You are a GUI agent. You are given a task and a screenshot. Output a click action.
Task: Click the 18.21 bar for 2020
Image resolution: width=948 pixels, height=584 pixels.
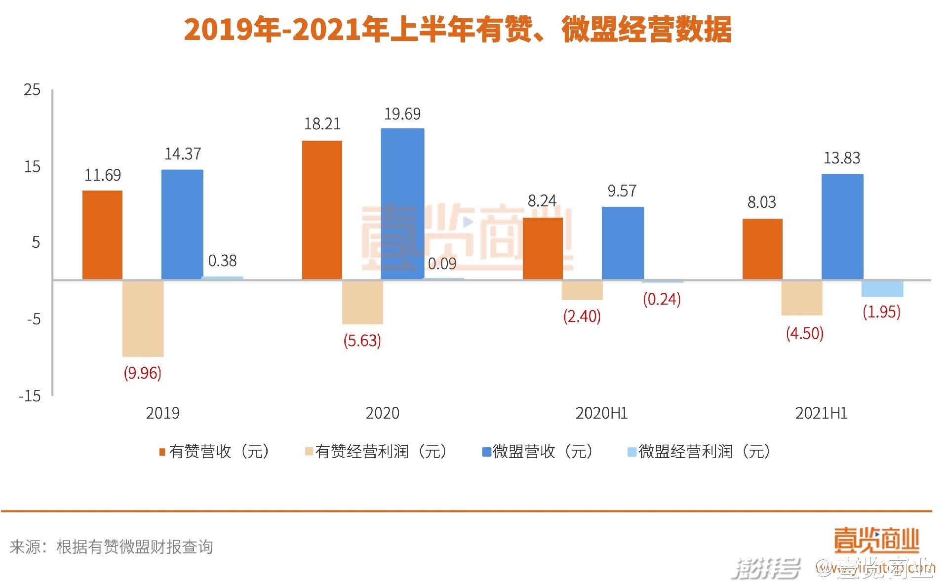[x=322, y=210]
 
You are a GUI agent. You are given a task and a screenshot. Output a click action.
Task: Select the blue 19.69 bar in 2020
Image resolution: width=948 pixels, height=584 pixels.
[x=402, y=204]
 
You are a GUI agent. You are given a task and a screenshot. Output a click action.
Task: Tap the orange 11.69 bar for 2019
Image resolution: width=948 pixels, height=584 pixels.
[x=102, y=235]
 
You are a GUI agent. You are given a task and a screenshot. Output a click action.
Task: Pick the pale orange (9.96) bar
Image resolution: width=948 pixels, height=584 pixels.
[x=143, y=318]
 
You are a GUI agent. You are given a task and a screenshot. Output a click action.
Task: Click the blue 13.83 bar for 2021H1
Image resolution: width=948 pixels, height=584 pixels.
[x=842, y=227]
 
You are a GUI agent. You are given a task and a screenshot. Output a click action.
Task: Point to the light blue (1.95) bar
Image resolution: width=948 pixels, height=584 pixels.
[x=882, y=289]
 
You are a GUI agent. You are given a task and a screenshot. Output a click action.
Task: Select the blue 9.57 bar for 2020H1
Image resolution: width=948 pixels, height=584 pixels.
[x=623, y=243]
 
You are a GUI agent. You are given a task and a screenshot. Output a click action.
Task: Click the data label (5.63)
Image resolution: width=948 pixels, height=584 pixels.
[x=362, y=341]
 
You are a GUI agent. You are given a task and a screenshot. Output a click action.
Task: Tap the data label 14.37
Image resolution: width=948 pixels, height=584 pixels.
[x=183, y=154]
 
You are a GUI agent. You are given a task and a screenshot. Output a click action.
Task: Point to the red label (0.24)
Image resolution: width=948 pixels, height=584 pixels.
[x=662, y=299]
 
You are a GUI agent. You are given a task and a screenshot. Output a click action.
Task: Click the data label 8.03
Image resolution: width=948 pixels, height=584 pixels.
[x=761, y=202]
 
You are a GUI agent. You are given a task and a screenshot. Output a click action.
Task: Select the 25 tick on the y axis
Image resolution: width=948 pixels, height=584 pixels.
[x=32, y=90]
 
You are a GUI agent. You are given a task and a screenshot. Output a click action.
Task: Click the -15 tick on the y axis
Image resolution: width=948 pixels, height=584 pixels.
[x=30, y=395]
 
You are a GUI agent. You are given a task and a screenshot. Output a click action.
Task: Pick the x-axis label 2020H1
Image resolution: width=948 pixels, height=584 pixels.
[x=601, y=413]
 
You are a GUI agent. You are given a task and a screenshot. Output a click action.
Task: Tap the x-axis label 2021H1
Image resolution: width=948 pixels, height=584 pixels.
[x=821, y=413]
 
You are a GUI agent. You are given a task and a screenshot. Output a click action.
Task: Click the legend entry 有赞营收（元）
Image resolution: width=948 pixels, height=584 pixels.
[x=215, y=451]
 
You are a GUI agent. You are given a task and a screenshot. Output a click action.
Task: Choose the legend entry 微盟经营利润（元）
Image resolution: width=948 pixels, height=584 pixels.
[x=699, y=451]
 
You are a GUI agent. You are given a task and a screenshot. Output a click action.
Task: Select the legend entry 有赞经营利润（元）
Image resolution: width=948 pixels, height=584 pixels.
[x=376, y=451]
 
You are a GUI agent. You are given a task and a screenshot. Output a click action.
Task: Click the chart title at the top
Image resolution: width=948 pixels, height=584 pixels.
[x=458, y=30]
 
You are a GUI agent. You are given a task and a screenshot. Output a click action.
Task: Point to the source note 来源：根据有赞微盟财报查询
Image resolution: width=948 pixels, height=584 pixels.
[x=111, y=547]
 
